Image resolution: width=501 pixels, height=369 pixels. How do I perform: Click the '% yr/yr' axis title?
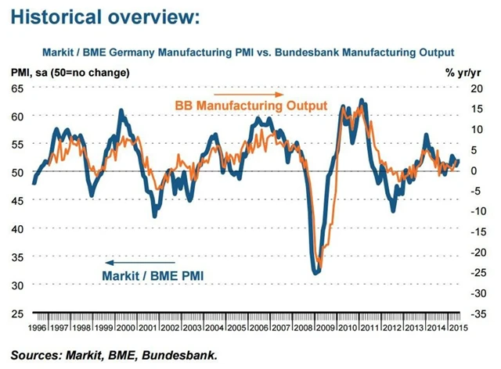click(465, 73)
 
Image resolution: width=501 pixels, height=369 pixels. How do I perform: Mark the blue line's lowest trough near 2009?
click(316, 273)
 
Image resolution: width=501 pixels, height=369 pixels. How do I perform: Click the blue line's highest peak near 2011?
click(361, 100)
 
